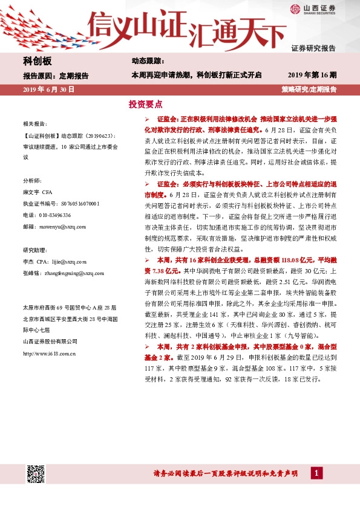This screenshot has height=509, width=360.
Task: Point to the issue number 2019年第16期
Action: (312, 76)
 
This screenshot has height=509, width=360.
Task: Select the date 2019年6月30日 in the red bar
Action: (48, 89)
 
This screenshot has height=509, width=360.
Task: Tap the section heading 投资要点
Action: (146, 104)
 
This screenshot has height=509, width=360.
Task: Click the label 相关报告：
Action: (34, 122)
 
